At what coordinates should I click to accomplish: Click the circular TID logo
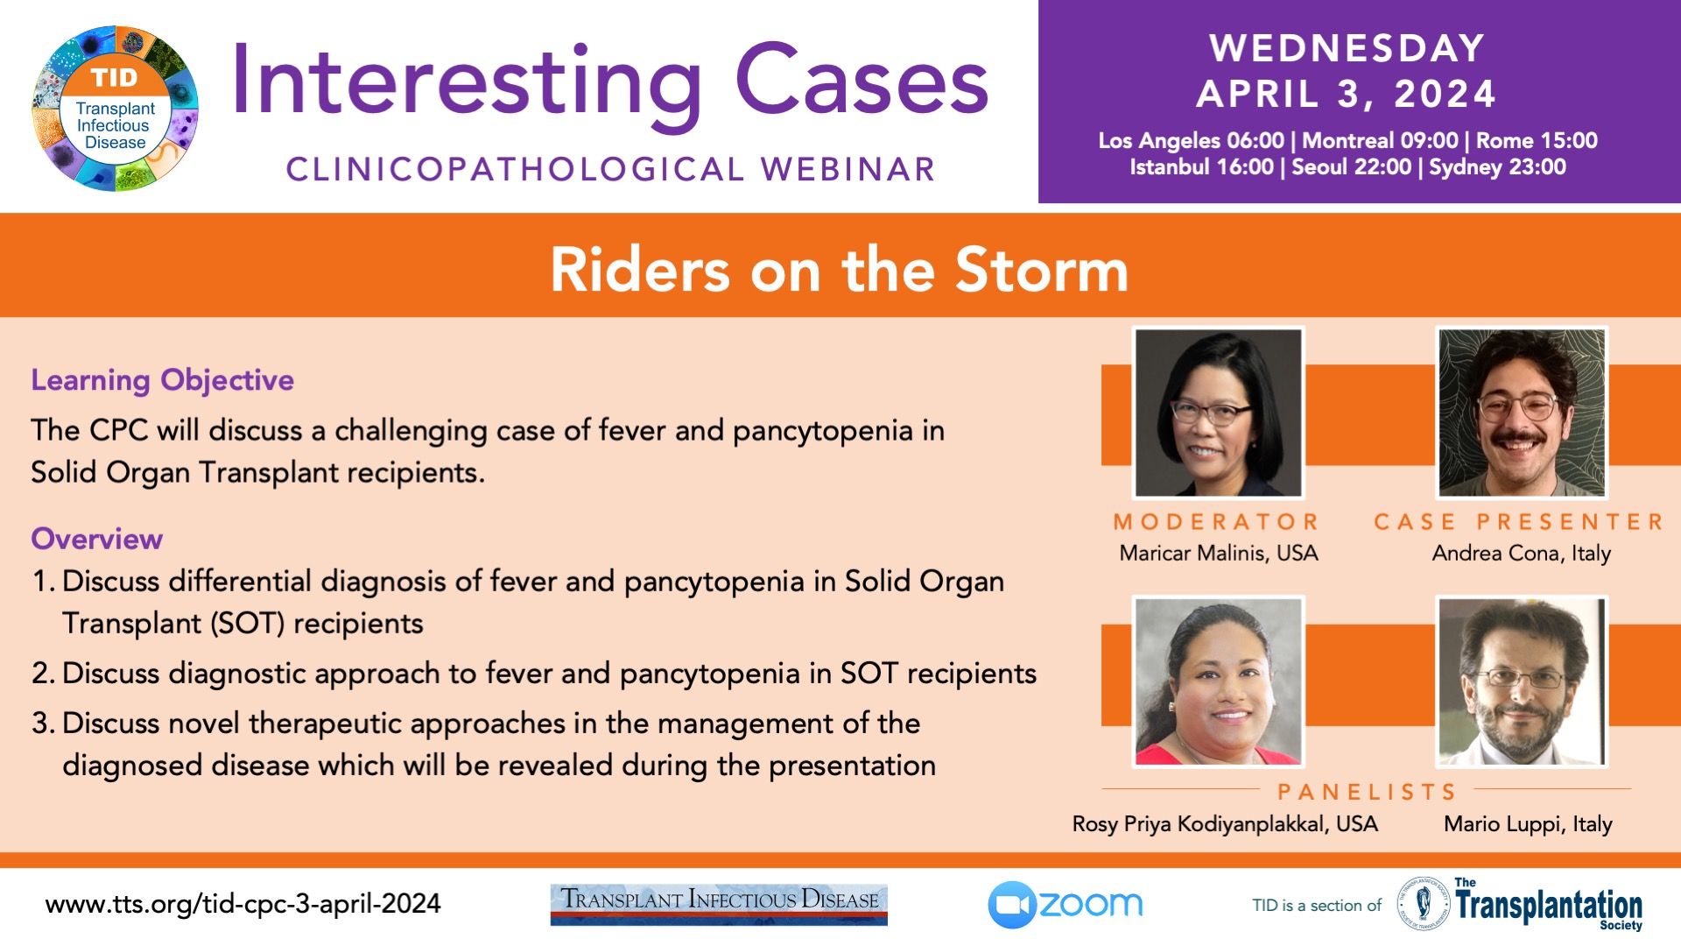coord(116,109)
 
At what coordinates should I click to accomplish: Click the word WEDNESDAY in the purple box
coord(1347,48)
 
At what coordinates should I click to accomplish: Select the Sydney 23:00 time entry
coord(1497,167)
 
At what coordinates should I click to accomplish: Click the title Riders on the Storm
coord(839,269)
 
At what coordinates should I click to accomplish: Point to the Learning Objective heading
coord(163,380)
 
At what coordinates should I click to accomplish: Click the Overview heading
coord(97,539)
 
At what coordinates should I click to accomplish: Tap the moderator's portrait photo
coord(1218,413)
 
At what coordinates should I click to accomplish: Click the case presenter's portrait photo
coord(1522,413)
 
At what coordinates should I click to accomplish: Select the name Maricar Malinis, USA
coord(1218,554)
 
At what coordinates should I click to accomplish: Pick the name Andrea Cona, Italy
coord(1522,554)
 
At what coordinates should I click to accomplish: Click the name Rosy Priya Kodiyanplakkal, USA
coord(1225,824)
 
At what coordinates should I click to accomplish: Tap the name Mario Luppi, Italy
coord(1528,824)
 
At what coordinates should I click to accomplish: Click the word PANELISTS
coord(1367,792)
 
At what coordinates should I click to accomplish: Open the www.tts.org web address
coord(243,904)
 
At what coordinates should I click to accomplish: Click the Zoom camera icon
coord(1012,905)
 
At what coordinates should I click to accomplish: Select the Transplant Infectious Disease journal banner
coord(719,904)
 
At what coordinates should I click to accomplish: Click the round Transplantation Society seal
coord(1423,904)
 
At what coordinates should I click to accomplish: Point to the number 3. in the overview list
coord(44,724)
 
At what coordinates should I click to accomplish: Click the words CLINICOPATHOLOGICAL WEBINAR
coord(611,170)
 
